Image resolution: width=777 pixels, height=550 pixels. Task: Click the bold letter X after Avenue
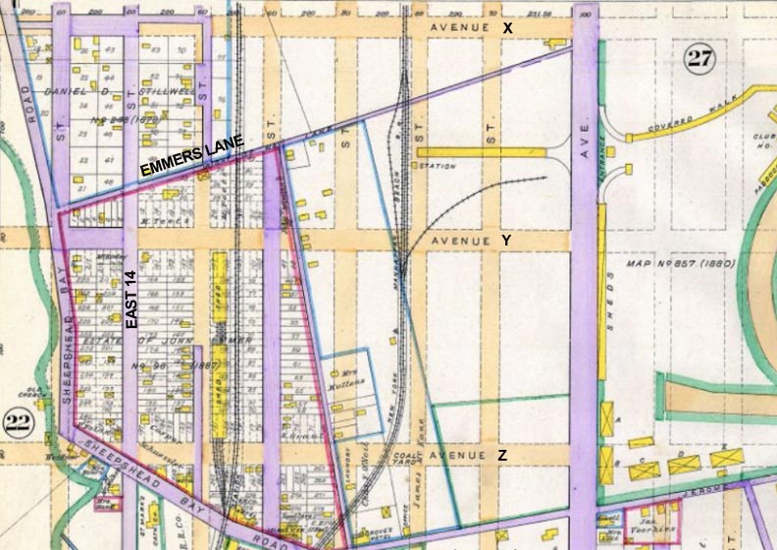(507, 27)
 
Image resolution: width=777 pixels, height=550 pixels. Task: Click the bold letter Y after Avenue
(507, 240)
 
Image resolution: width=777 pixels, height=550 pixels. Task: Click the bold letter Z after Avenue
(502, 456)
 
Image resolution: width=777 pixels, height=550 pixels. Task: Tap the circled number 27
(699, 60)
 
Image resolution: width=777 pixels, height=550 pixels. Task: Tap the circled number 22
(19, 423)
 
